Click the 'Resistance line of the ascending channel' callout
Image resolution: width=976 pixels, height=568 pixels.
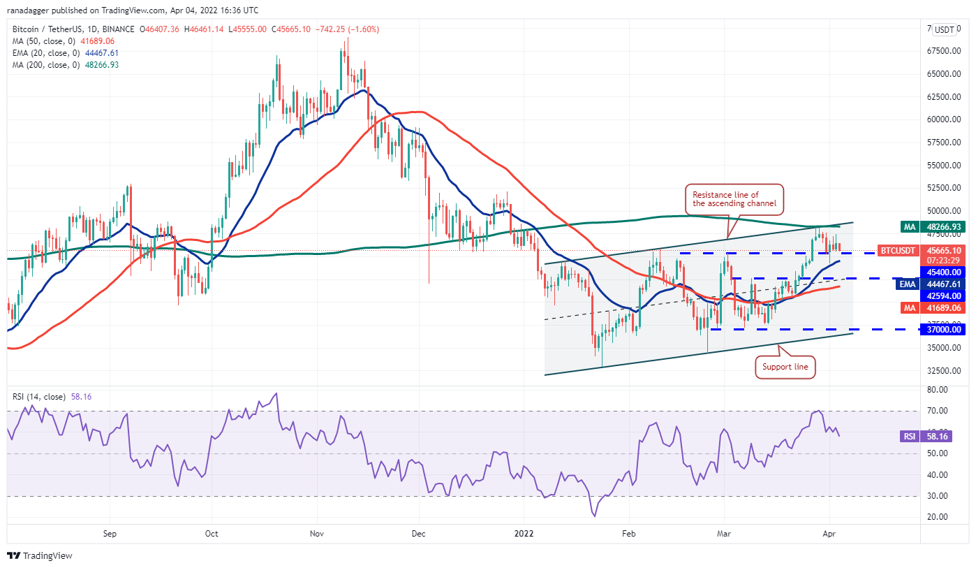(734, 198)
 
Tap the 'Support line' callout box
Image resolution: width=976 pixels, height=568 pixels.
(785, 367)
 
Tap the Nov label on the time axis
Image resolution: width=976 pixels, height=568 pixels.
(317, 534)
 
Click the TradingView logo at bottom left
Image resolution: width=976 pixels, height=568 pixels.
(40, 556)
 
